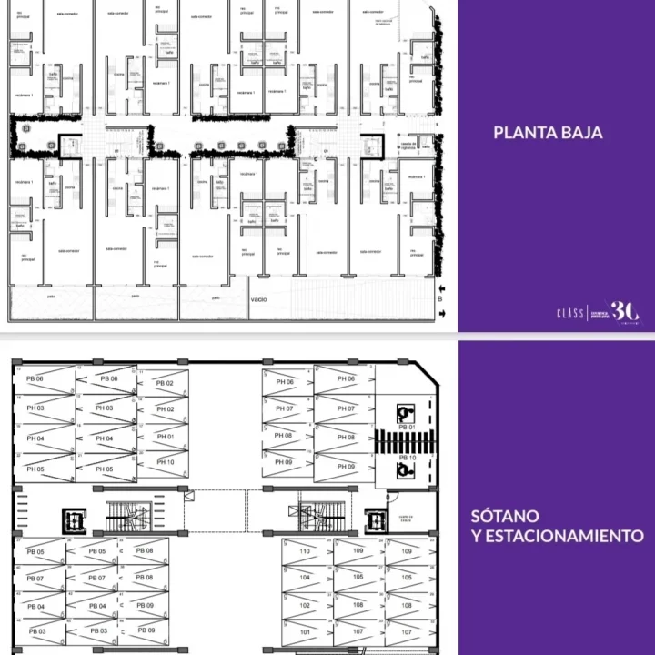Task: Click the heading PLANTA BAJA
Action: click(x=548, y=133)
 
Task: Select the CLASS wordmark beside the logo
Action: click(x=570, y=313)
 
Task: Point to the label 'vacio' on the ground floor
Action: click(x=259, y=297)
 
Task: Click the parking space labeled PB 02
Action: click(x=165, y=384)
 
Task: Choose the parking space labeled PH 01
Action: click(x=165, y=436)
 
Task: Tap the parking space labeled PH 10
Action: click(x=165, y=462)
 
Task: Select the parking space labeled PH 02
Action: click(x=165, y=409)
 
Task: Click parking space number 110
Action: click(x=305, y=551)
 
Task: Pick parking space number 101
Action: click(x=305, y=631)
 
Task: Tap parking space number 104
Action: click(x=305, y=578)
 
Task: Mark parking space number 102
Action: click(x=305, y=605)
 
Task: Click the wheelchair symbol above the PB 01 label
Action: click(x=406, y=413)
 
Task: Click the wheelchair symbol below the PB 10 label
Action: click(x=406, y=471)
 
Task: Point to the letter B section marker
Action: click(x=441, y=297)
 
